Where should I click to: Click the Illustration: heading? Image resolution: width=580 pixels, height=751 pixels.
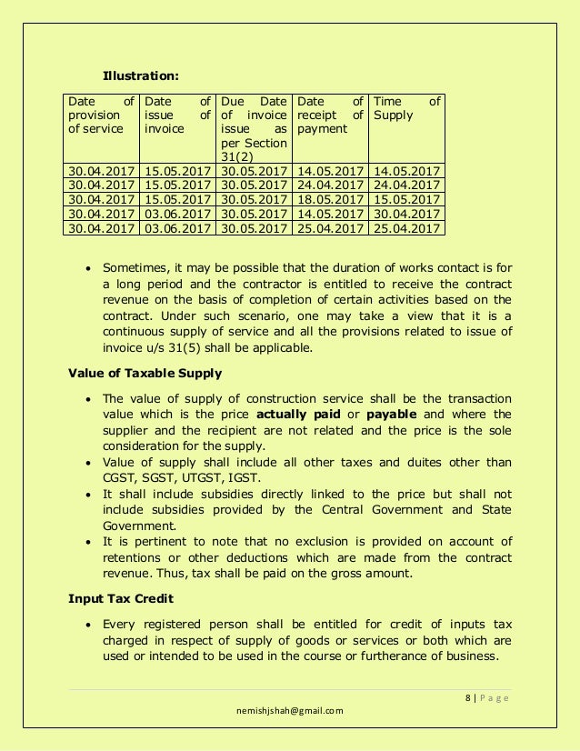(140, 75)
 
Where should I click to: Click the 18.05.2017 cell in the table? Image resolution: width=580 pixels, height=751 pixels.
(330, 199)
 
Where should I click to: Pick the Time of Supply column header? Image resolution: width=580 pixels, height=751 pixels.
(406, 108)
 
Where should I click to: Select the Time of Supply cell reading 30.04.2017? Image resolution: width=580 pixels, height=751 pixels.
(406, 214)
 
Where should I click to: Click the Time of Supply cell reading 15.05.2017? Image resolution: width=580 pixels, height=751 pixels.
(406, 199)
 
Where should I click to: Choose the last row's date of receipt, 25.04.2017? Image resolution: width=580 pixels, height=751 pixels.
(330, 228)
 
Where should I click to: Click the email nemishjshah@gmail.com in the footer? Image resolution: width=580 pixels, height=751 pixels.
(290, 711)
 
